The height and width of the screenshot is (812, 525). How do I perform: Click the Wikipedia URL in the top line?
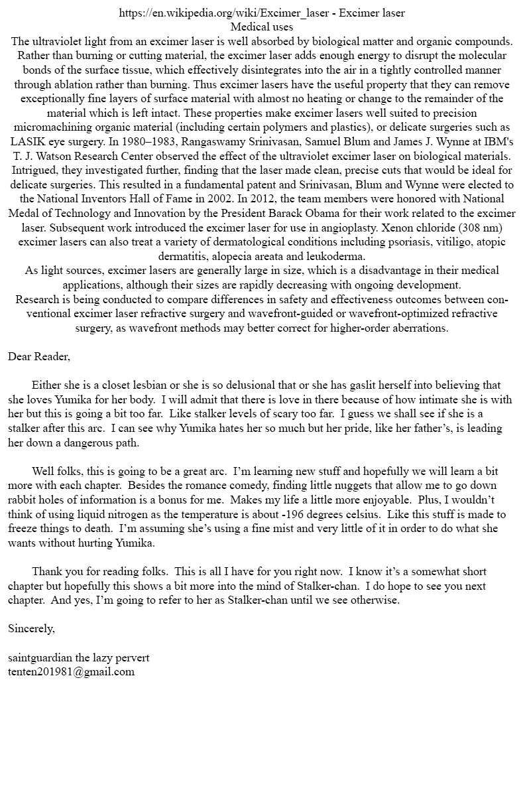pos(226,13)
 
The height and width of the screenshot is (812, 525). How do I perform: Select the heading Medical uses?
pos(262,27)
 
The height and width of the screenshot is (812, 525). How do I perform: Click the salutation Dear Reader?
pos(39,356)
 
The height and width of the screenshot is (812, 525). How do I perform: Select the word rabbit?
pos(26,500)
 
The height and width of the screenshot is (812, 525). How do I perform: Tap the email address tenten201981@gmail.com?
pos(72,671)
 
